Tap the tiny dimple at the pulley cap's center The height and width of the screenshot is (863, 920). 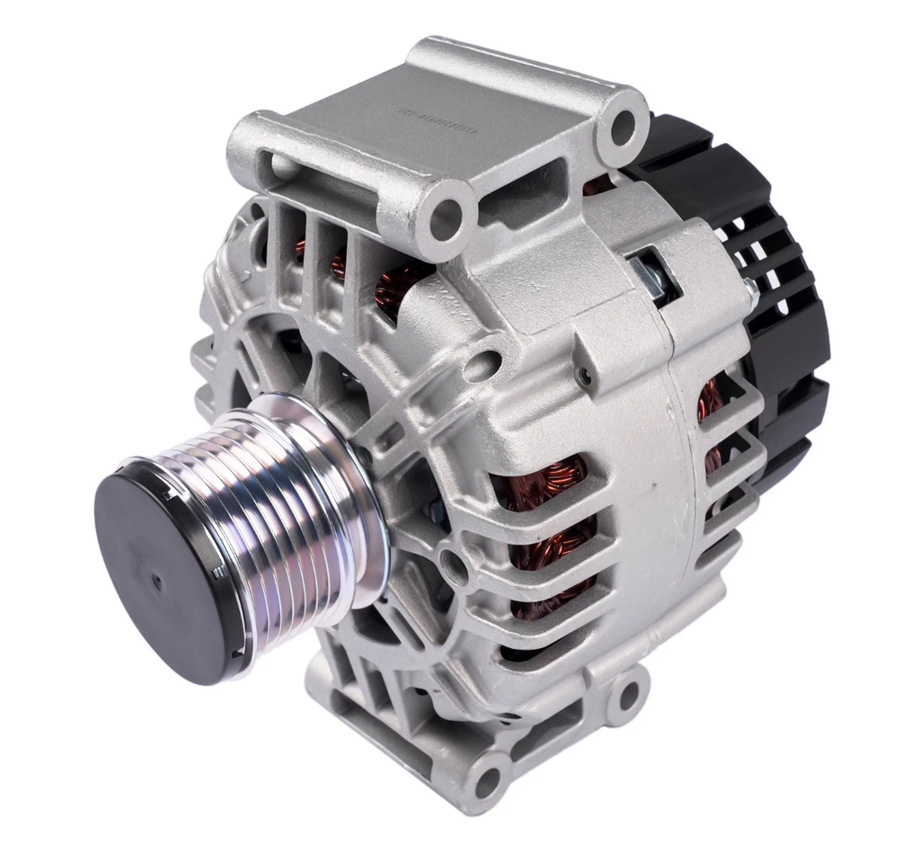(x=158, y=583)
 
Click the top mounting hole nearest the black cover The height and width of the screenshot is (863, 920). (x=623, y=125)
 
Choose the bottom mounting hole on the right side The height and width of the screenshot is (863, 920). (x=629, y=694)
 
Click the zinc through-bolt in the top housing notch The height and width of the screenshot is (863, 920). (x=654, y=273)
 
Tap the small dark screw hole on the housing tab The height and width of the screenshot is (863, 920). (x=586, y=377)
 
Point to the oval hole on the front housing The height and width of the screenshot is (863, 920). (x=486, y=363)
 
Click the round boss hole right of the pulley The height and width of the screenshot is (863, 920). (x=452, y=566)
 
